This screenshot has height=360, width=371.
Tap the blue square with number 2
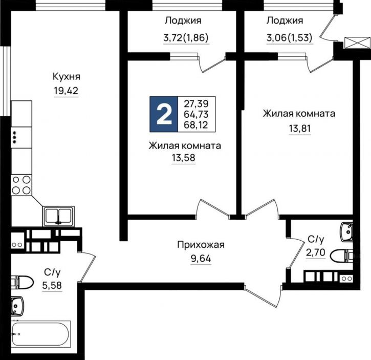pyautogui.click(x=164, y=114)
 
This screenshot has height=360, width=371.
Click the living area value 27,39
pyautogui.click(x=196, y=103)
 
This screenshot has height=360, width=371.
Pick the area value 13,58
pyautogui.click(x=184, y=158)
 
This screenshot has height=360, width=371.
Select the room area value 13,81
pyautogui.click(x=299, y=128)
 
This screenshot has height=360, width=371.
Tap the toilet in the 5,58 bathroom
pyautogui.click(x=22, y=282)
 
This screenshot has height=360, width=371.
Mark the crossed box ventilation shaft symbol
pyautogui.click(x=353, y=43)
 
